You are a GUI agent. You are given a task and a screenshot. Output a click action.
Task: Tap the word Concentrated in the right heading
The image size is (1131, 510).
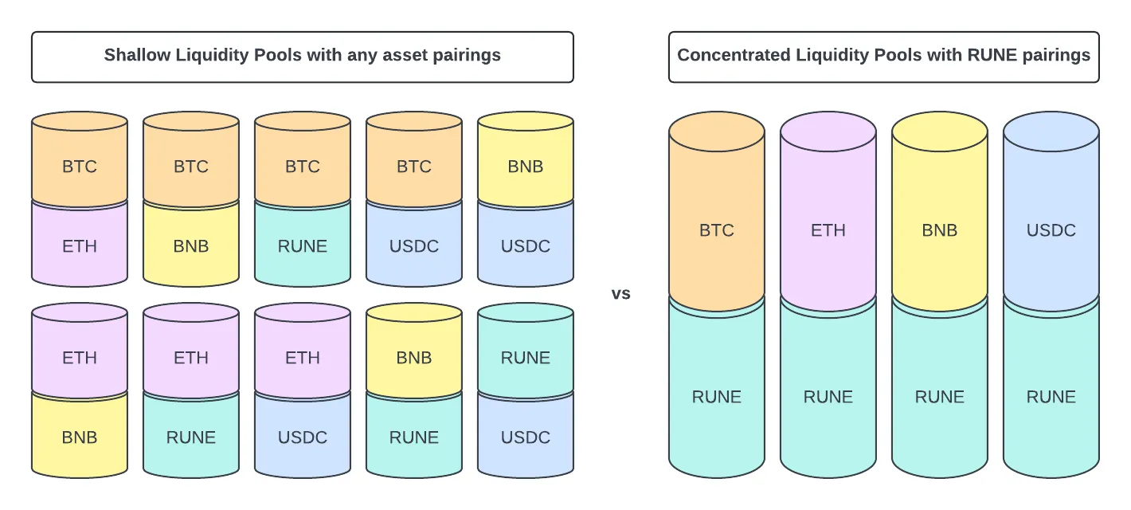734,55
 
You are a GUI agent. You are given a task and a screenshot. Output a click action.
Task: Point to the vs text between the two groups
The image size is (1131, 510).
621,293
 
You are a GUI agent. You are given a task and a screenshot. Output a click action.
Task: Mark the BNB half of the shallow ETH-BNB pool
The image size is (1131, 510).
80,437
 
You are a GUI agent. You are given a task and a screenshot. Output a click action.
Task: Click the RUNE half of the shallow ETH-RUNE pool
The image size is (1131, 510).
191,437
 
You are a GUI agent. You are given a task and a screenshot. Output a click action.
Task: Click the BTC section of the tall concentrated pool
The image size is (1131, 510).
717,212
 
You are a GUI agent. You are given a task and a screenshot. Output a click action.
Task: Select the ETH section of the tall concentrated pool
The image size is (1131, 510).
828,212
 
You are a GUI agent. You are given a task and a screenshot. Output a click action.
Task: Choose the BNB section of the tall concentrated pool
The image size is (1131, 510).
940,212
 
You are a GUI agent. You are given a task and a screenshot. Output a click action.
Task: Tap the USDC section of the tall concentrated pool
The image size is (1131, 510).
1051,212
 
